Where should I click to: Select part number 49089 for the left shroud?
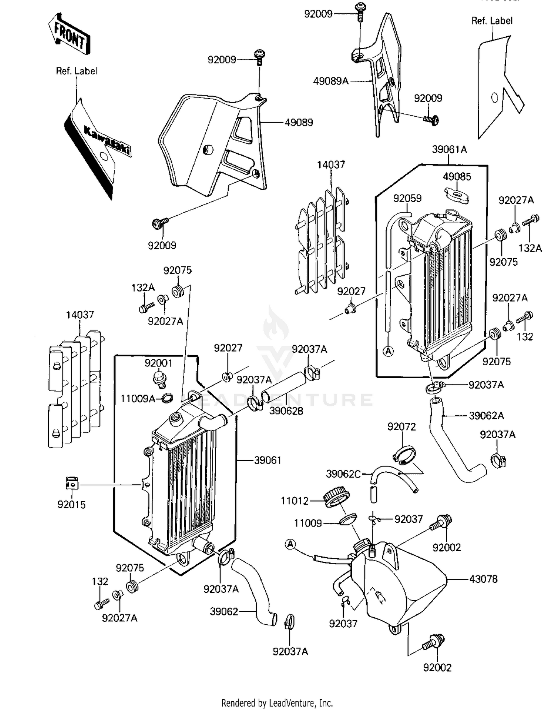[299, 123]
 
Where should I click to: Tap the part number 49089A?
[331, 81]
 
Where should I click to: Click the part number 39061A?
[449, 150]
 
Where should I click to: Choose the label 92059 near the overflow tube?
[407, 199]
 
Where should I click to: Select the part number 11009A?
[138, 399]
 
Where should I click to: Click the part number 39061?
[268, 461]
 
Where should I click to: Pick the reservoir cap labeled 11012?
[335, 497]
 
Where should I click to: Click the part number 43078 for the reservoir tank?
[483, 579]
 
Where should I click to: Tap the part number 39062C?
[343, 474]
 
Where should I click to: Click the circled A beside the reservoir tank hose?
[291, 544]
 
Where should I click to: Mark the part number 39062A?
[486, 416]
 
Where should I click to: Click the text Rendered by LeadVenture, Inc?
[277, 703]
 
